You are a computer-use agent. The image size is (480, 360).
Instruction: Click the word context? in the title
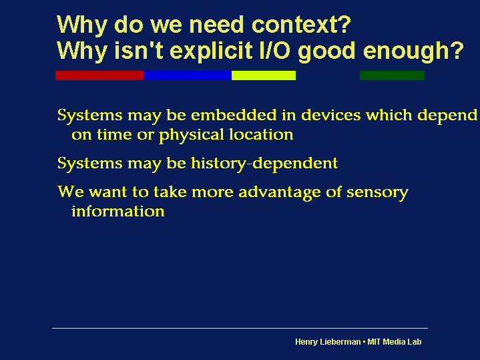pos(301,25)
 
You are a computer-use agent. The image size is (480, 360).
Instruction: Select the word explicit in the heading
pos(211,51)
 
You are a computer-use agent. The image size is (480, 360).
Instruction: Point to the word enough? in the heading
pos(413,51)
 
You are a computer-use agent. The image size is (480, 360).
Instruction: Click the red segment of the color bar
pos(99,75)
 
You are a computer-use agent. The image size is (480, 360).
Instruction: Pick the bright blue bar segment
pos(188,75)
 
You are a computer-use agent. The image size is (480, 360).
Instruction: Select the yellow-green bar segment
pos(264,75)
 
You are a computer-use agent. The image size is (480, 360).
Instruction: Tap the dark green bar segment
pos(392,75)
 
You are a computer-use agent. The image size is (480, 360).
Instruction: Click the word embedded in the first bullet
pos(234,115)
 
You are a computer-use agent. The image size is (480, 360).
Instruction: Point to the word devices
pos(331,115)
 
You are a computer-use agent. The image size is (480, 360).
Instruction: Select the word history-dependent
pos(264,163)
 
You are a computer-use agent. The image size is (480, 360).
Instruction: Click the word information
pos(118,211)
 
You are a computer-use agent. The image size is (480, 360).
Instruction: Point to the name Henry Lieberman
pos(328,342)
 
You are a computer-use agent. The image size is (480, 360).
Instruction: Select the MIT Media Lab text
pos(395,341)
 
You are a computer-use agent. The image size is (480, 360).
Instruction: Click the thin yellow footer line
pos(240,328)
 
